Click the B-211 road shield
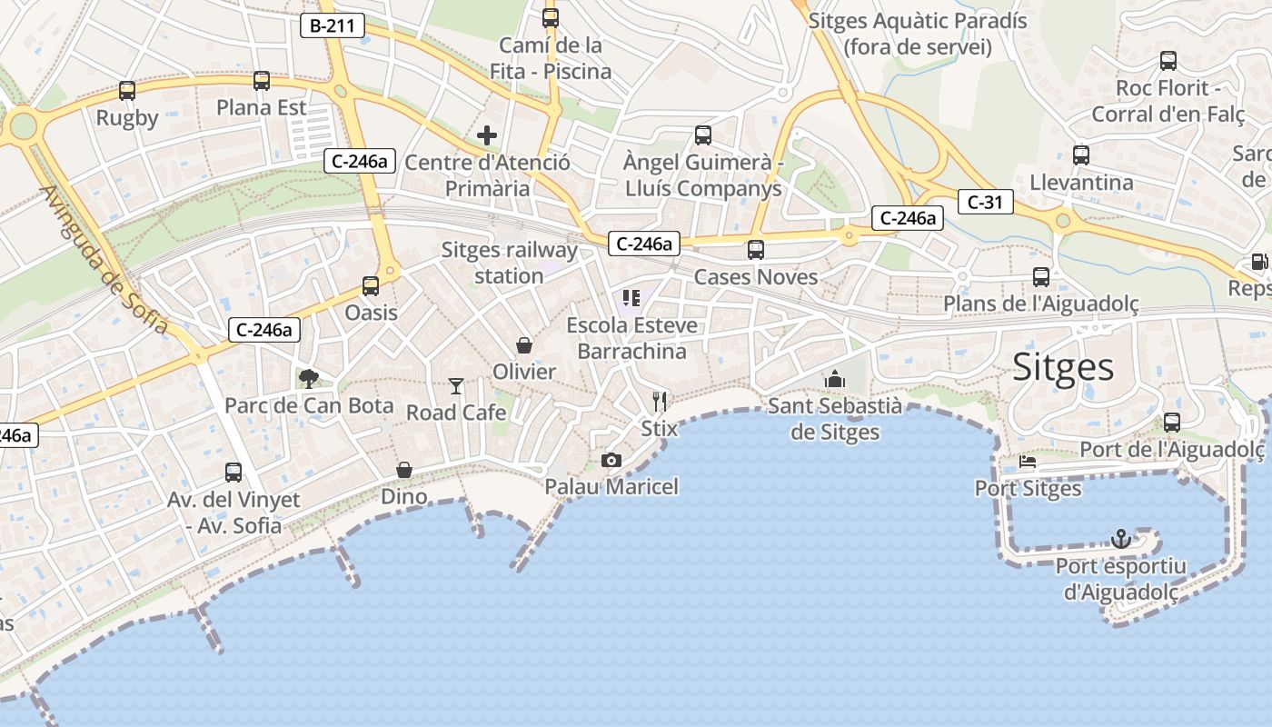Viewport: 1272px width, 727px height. click(x=332, y=26)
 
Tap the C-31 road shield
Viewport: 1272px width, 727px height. click(x=984, y=202)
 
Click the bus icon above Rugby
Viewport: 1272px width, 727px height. click(x=127, y=91)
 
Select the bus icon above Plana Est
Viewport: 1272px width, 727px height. click(x=262, y=81)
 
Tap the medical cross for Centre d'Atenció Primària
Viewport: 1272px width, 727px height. click(x=487, y=136)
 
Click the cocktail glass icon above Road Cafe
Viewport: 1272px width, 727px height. click(x=455, y=386)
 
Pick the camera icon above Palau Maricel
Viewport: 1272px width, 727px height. click(x=611, y=460)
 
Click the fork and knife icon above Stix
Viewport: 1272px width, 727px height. click(x=660, y=401)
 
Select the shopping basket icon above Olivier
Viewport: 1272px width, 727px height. click(x=524, y=345)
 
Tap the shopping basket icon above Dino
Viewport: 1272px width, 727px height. click(x=404, y=470)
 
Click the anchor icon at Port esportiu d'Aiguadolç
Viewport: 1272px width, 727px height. click(x=1121, y=540)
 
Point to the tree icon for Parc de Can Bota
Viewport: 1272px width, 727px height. click(x=309, y=378)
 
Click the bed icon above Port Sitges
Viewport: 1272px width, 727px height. click(x=1028, y=462)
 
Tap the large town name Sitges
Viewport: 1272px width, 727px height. click(x=1063, y=367)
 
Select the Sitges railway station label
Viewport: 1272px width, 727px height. click(x=510, y=263)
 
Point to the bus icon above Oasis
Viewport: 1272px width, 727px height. click(x=371, y=286)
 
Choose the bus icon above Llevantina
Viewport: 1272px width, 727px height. click(x=1080, y=155)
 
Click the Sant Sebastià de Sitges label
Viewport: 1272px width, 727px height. click(x=835, y=418)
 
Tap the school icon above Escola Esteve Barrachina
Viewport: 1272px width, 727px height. click(x=631, y=297)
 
